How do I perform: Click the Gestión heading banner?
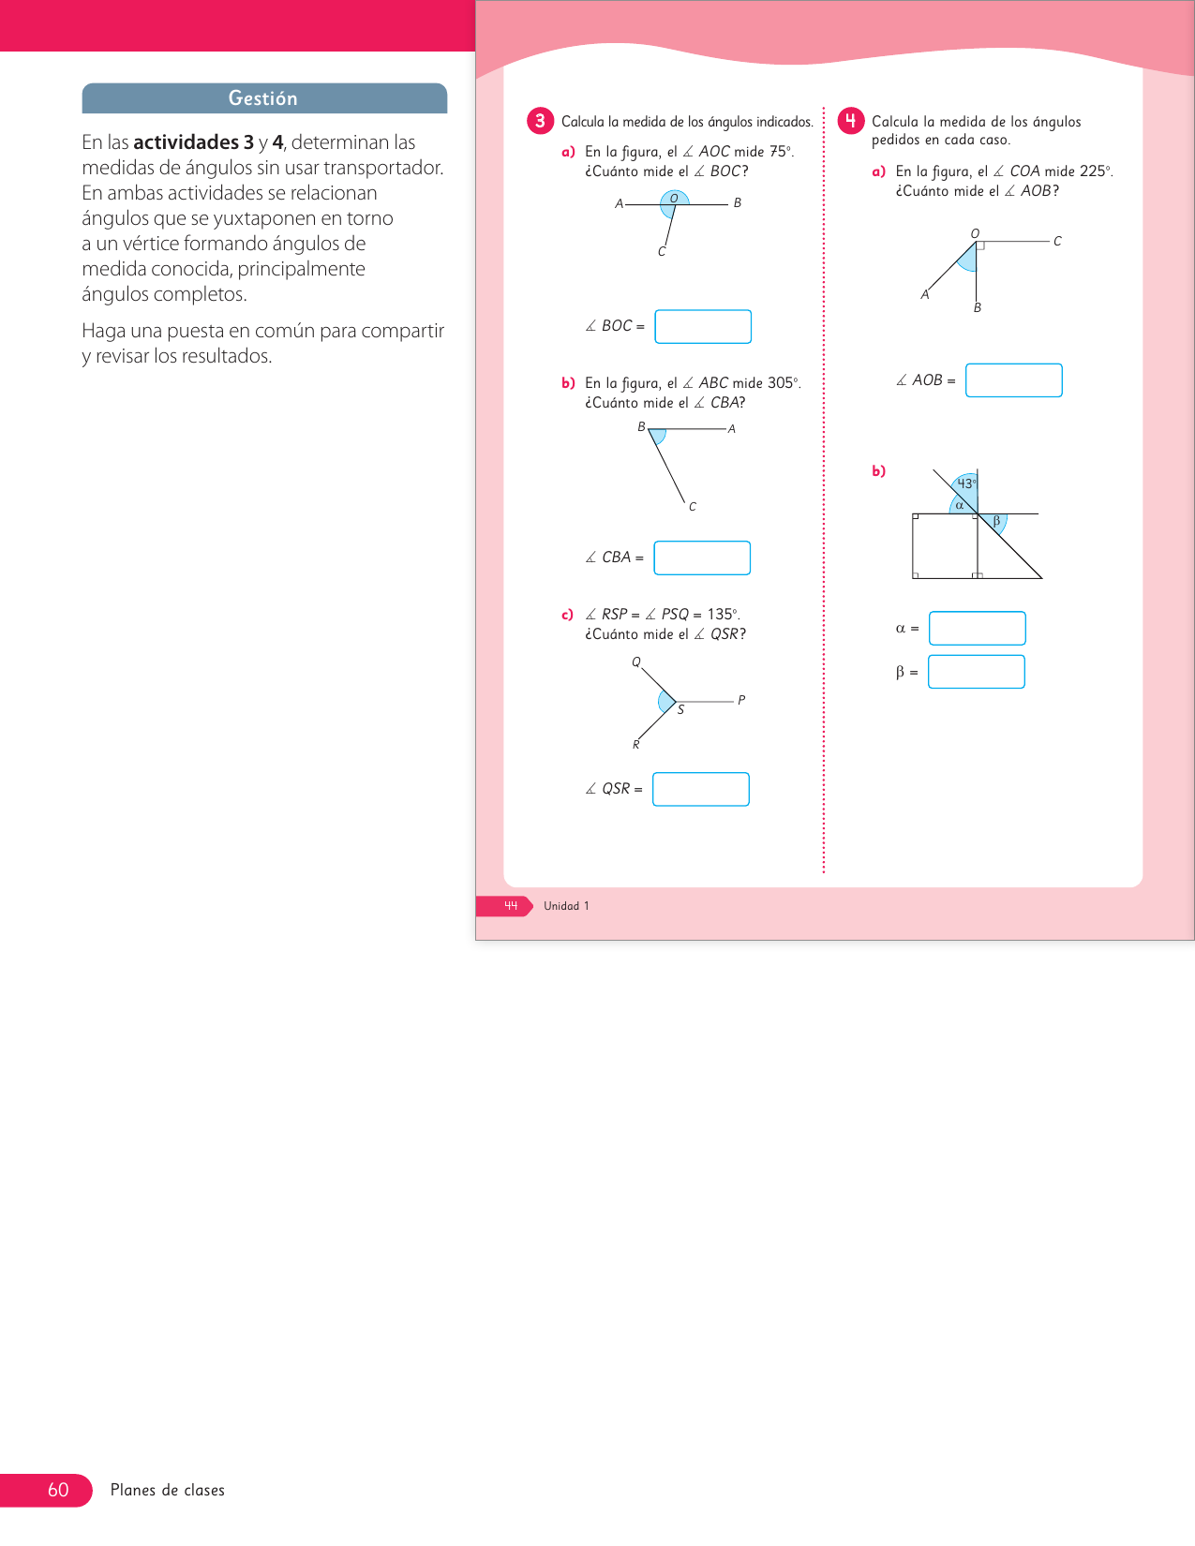tap(263, 98)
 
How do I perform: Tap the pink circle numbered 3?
tap(540, 121)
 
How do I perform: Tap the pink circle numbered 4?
tap(850, 121)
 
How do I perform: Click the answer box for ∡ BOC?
tap(703, 326)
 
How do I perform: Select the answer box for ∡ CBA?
tap(702, 557)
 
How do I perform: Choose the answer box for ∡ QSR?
tap(701, 789)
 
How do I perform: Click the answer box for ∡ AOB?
tap(1013, 380)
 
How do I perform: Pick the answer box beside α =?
tap(977, 628)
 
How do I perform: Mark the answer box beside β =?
tap(976, 672)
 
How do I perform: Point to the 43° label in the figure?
tap(965, 483)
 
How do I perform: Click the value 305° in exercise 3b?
tap(783, 383)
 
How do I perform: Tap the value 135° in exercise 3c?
tap(722, 615)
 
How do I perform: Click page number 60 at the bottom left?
tap(58, 1490)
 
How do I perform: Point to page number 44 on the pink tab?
tap(511, 906)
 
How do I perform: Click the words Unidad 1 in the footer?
tap(566, 906)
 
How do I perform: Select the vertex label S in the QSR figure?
tap(680, 710)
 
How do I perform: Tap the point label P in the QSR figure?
tap(740, 700)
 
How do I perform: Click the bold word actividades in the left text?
tap(186, 142)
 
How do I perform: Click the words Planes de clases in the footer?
tap(168, 1490)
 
